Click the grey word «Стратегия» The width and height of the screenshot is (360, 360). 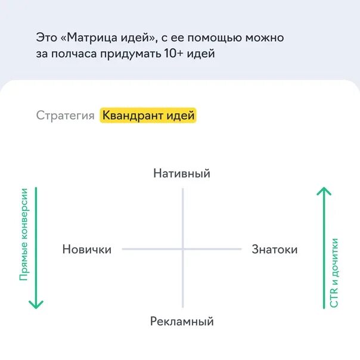pos(65,116)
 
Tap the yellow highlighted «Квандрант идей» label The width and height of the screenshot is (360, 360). pos(148,116)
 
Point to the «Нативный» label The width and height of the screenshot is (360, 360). pos(182,173)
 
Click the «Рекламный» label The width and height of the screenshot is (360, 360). pos(182,321)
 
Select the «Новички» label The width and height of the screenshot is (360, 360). pos(87,249)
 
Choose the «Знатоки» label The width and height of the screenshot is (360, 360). pos(275,249)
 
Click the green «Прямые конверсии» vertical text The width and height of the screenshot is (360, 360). pos(24,235)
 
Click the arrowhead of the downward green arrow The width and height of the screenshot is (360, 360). pos(36,305)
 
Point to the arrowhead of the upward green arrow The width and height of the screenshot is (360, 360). pos(324,191)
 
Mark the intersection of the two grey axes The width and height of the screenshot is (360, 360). pos(183,249)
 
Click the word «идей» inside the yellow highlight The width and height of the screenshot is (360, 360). pos(181,116)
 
